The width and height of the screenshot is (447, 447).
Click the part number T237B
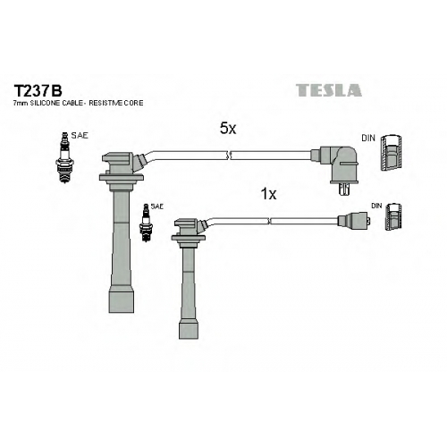coord(38,90)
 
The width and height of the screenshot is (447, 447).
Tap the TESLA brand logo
coord(329,90)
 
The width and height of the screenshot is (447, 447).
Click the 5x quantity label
coord(228,129)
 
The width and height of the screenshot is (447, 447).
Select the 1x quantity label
coord(268,194)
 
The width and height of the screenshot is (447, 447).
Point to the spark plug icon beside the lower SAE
coord(146,223)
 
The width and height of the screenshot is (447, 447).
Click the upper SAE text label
coord(80,136)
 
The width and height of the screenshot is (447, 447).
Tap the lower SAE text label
coord(157,207)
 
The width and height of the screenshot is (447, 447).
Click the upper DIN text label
coord(368,139)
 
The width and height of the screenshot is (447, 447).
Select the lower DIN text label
coord(376,206)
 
